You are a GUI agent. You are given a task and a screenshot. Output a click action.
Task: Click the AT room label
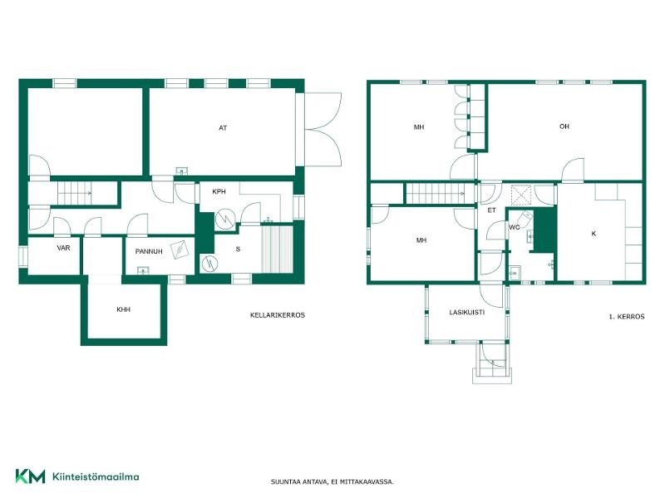[223, 128]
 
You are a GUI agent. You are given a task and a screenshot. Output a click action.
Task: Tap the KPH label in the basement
[219, 191]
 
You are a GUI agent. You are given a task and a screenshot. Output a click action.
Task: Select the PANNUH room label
[149, 251]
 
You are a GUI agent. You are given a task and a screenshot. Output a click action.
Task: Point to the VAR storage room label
[64, 248]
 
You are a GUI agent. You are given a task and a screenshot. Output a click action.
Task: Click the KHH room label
[123, 309]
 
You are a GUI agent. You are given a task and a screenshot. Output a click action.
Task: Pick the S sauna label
[238, 249]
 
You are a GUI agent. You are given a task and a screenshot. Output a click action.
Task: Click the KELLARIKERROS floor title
[278, 315]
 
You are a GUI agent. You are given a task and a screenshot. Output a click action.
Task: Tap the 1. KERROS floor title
[627, 317]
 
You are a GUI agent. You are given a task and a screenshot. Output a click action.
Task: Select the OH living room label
[564, 126]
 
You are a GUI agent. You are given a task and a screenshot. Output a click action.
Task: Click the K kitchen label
[594, 234]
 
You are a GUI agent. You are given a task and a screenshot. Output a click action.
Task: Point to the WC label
[514, 227]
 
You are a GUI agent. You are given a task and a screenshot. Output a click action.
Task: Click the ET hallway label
[491, 210]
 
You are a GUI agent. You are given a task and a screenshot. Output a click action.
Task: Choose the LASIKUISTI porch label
[467, 312]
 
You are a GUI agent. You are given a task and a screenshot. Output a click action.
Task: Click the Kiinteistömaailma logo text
[96, 477]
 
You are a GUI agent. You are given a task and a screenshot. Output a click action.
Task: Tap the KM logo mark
[30, 476]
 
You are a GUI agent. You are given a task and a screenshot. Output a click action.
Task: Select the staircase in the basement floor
[75, 193]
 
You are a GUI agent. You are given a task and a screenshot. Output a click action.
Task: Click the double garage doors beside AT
[323, 129]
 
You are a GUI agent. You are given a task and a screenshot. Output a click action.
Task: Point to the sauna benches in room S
[277, 249]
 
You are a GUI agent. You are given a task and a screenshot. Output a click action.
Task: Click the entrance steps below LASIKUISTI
[492, 362]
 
